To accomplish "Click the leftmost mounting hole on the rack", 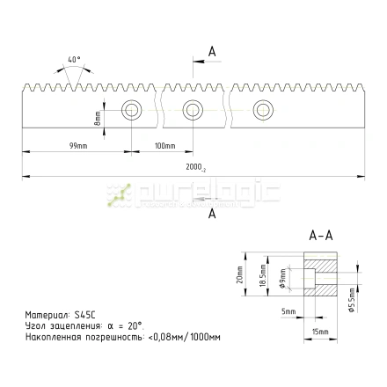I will coord(133,110).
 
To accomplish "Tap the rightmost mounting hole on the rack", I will coord(261,110).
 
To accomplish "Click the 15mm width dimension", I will coord(320,332).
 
